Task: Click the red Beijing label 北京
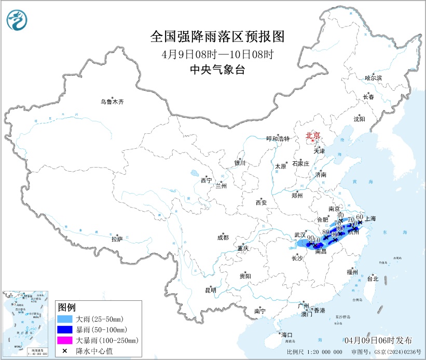[x=312, y=136]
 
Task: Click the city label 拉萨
[x=117, y=239]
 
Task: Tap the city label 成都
[x=223, y=238]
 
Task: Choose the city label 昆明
[x=210, y=290]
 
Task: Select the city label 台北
[x=373, y=279]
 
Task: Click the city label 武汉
[x=300, y=235]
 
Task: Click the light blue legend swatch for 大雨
[x=65, y=319]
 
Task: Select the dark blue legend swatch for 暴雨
[x=65, y=329]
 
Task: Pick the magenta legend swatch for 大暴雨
[x=65, y=340]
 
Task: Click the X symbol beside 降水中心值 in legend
[x=65, y=351]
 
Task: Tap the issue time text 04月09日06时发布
[x=378, y=340]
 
